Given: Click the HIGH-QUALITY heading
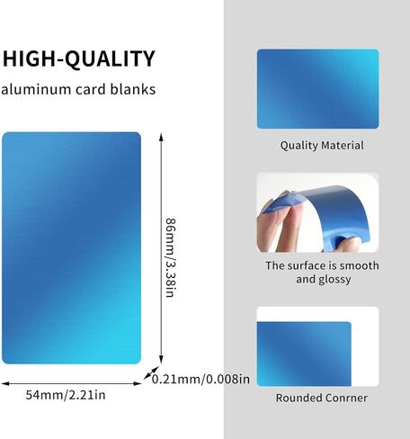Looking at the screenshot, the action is click(x=79, y=58).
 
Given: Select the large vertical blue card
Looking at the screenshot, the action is click(x=71, y=248).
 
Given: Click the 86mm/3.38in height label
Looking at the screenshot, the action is click(x=171, y=258).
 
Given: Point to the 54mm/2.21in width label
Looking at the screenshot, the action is click(x=66, y=395).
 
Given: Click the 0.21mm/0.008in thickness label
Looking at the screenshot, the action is click(x=201, y=379).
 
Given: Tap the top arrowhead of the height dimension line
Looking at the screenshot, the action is click(x=161, y=137).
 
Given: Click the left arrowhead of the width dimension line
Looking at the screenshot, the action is click(x=5, y=383).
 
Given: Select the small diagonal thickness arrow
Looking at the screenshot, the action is click(x=151, y=372).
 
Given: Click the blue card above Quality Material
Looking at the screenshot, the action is click(x=318, y=89).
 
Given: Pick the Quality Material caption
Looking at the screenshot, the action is click(x=322, y=146).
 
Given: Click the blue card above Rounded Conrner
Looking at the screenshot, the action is click(x=304, y=354).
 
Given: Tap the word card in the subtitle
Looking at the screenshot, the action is click(x=91, y=89).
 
